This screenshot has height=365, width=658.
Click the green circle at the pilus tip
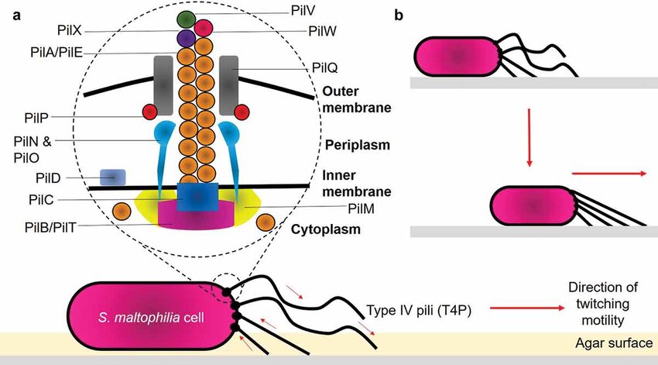[185, 18]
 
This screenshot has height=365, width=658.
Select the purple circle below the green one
[185, 37]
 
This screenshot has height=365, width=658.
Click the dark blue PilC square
[197, 197]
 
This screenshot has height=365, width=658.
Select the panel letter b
[399, 14]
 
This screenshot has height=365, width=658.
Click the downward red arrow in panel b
[530, 139]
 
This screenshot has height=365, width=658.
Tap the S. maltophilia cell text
[147, 318]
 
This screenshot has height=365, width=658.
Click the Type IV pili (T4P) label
[419, 310]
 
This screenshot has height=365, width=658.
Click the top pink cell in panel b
[458, 57]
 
